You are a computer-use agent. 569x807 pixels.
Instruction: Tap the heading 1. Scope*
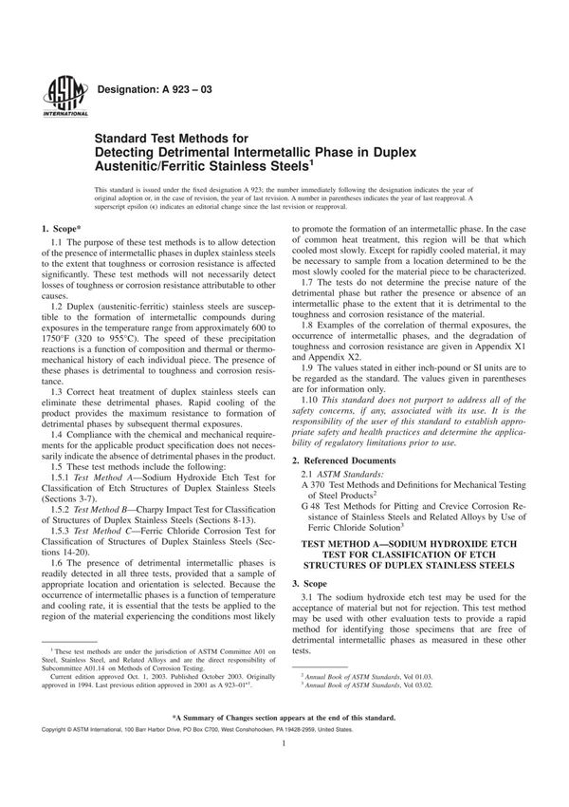coord(64,231)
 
